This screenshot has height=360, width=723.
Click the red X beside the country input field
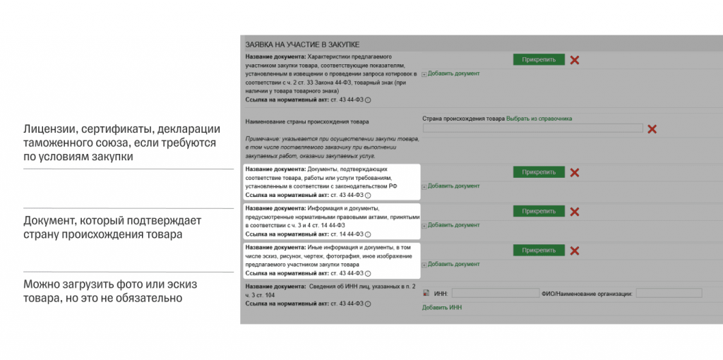point(652,129)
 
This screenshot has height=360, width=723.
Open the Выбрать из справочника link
point(539,119)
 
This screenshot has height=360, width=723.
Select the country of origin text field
point(532,128)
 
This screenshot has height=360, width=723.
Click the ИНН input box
point(495,293)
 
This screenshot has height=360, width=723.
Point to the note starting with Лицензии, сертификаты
point(121,143)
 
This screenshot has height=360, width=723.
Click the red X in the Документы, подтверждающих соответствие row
point(575,172)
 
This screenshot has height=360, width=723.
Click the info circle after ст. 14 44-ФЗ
point(368,234)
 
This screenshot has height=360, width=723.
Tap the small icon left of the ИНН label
point(426,293)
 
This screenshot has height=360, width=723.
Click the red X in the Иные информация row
point(575,251)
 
